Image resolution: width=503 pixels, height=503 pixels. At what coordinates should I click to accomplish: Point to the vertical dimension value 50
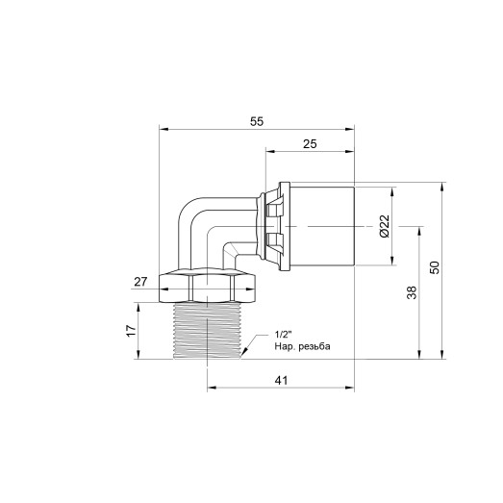435,268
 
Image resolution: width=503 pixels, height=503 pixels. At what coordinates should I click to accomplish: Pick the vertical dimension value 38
413,293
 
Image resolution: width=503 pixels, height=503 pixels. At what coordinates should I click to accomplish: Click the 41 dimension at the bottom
282,381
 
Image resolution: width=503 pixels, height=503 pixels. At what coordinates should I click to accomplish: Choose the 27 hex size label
139,282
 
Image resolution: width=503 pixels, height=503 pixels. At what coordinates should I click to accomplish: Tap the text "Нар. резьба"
301,345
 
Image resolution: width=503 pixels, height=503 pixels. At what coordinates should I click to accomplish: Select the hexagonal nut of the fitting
208,287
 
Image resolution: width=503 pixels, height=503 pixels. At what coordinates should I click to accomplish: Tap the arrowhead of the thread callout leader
244,354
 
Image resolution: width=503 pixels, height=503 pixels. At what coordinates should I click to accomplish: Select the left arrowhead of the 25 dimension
268,151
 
